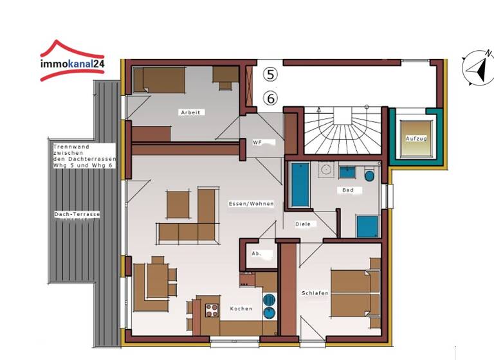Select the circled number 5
pyautogui.click(x=271, y=75)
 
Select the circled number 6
pyautogui.click(x=271, y=98)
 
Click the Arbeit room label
pyautogui.click(x=190, y=113)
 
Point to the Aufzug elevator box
pyautogui.click(x=416, y=138)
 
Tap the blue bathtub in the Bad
pyautogui.click(x=300, y=185)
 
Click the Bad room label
pyautogui.click(x=348, y=190)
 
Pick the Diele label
pyautogui.click(x=302, y=224)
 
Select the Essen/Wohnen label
pyautogui.click(x=251, y=204)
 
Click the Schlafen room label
pyautogui.click(x=315, y=293)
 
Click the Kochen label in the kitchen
pyautogui.click(x=241, y=309)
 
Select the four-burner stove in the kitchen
pyautogui.click(x=212, y=310)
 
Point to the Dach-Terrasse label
pyautogui.click(x=73, y=214)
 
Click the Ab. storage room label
pyautogui.click(x=255, y=253)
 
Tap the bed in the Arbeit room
pyautogui.click(x=160, y=80)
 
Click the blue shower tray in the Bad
pyautogui.click(x=367, y=226)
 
